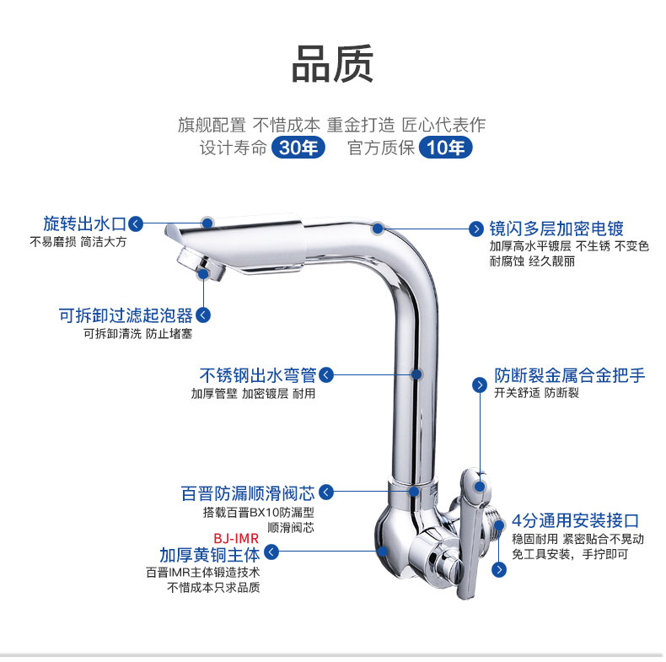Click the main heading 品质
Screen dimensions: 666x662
tap(332, 64)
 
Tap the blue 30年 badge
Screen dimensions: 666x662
tap(298, 148)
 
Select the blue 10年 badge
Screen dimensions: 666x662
tap(446, 148)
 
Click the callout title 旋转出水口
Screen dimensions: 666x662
tap(85, 223)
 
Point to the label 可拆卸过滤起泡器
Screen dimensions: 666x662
tap(126, 315)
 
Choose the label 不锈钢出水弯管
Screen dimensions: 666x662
tap(258, 375)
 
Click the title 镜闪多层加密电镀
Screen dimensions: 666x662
tap(556, 229)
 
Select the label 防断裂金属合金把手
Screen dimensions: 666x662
tap(570, 375)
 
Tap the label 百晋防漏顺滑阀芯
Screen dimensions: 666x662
tap(248, 493)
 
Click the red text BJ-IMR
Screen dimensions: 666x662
tap(236, 538)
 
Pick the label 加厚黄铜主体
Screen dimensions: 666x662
tap(210, 555)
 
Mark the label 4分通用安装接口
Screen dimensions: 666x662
tap(575, 520)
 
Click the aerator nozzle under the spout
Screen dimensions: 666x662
tap(201, 264)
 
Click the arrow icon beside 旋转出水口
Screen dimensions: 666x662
tap(136, 224)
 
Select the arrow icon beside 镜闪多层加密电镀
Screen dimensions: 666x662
tap(476, 229)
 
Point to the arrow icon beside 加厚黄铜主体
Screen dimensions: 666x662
tap(271, 552)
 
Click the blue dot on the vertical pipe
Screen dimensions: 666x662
tap(416, 374)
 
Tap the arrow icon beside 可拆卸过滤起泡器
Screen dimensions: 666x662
tap(203, 315)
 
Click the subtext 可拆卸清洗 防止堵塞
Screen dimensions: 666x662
tap(137, 334)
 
